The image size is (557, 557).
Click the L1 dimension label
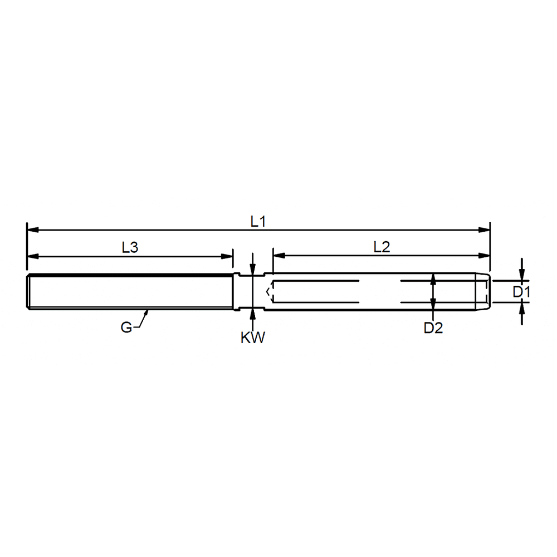pos(258,222)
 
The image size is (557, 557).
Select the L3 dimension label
pos(130,247)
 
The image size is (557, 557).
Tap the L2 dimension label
pos(382,247)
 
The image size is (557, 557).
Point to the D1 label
pos(521,292)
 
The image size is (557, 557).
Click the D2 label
pos(433,328)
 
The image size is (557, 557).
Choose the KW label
pos(252,338)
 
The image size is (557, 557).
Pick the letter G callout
pos(126,327)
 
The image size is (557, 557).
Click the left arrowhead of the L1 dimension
pos(32,230)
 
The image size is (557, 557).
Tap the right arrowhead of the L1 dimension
pos(484,230)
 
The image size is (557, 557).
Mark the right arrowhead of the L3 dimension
pos(227,256)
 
